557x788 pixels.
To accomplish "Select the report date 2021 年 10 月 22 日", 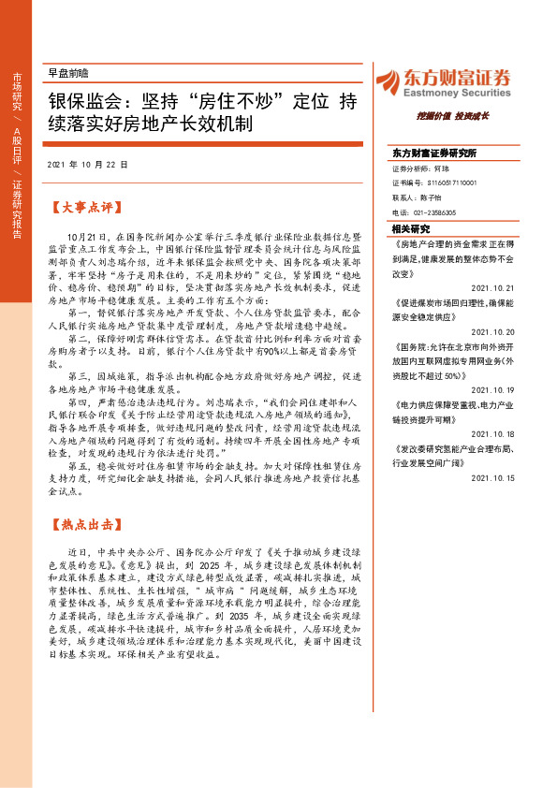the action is tap(87, 164).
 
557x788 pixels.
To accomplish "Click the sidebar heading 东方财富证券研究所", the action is tap(434, 152).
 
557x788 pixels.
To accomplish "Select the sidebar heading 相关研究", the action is tap(410, 228).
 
